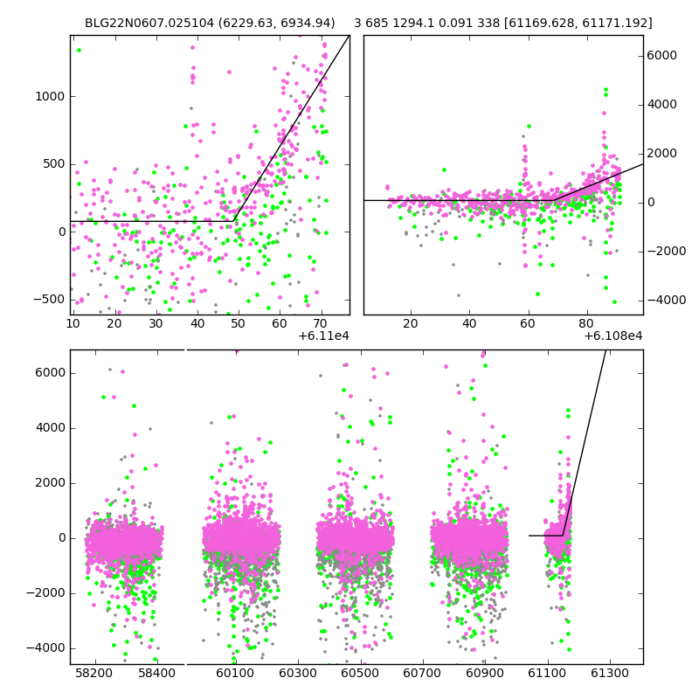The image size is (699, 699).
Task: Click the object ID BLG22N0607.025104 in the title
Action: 149,23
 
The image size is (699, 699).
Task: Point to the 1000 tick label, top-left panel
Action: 50,96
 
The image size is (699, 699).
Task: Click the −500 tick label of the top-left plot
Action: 48,300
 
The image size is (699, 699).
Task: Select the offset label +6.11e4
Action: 323,336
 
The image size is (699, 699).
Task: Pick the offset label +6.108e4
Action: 613,336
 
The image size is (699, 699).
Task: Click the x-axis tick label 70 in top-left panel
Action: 321,323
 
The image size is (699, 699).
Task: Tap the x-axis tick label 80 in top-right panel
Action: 586,323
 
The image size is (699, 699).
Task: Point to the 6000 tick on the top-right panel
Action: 661,55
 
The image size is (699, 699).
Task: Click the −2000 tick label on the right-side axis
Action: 667,251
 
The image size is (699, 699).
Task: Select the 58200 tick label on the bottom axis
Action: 94,672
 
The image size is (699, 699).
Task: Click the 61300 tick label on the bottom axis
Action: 609,672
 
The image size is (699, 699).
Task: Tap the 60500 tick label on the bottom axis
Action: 360,672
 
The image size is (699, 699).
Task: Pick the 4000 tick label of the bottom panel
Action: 50,428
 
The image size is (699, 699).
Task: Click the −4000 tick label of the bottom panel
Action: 45,648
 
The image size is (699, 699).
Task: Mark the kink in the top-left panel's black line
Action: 233,221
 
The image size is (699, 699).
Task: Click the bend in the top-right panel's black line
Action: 554,201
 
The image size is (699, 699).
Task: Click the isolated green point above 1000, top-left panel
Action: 79,51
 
